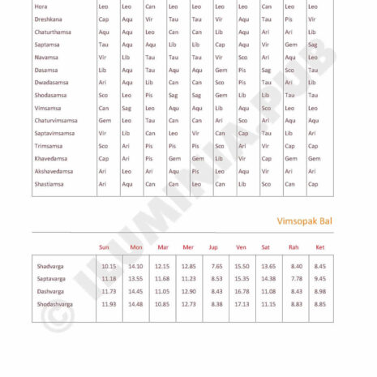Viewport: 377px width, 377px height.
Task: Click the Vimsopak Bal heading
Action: click(305, 221)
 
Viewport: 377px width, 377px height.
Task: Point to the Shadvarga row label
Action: click(54, 266)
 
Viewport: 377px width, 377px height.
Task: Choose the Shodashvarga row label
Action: click(59, 304)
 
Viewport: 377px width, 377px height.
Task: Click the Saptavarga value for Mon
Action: click(135, 278)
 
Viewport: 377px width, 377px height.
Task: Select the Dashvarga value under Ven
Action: click(242, 291)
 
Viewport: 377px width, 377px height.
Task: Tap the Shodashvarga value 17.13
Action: click(242, 304)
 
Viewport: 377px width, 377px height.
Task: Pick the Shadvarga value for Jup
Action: click(216, 266)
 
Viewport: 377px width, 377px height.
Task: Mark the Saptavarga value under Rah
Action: click(297, 278)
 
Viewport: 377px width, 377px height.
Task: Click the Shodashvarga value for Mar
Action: click(162, 304)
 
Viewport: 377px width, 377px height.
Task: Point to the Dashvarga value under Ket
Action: click(319, 291)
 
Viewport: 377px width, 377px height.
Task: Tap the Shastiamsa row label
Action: click(49, 184)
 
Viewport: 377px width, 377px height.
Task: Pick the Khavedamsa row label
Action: click(53, 158)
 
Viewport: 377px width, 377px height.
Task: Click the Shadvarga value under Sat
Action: click(269, 266)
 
